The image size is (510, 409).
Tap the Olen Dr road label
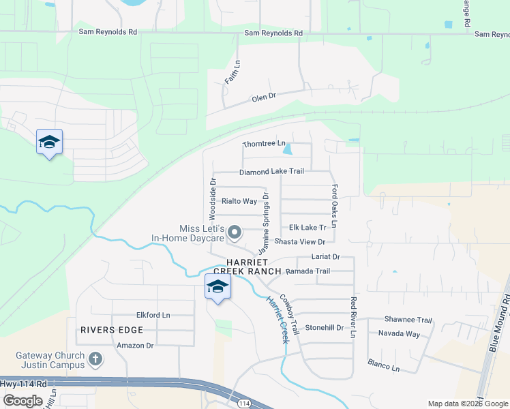click(x=263, y=97)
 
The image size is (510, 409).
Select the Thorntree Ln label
click(x=264, y=144)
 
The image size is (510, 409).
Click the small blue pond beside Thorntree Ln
click(x=288, y=149)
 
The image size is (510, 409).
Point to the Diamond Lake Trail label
click(x=271, y=172)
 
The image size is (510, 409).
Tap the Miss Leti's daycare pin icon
click(x=235, y=233)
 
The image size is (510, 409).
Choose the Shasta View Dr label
click(x=299, y=242)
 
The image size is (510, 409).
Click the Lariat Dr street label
click(x=325, y=258)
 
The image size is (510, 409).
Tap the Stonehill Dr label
click(x=324, y=327)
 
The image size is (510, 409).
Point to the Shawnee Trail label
click(x=408, y=320)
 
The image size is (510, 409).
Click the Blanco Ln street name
click(x=383, y=366)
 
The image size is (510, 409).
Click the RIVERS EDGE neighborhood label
click(x=112, y=330)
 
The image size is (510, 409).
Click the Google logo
click(x=22, y=400)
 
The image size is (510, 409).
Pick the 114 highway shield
click(x=243, y=404)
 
